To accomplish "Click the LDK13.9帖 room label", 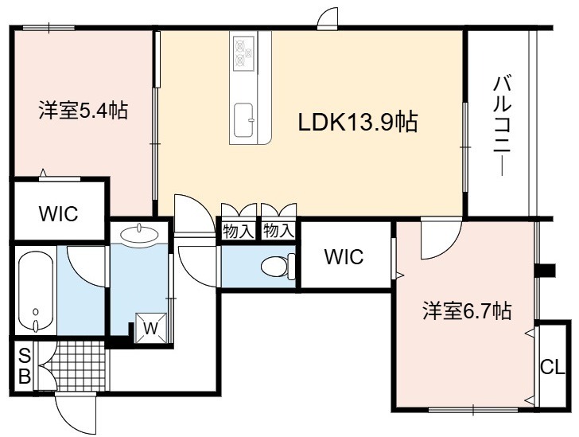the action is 357,122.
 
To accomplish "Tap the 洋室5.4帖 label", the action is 84,110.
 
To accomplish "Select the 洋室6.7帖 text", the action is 467,310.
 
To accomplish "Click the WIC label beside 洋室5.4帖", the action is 59,213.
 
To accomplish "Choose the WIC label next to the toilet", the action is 344,256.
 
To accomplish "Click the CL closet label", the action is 553,367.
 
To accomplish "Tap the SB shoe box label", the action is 25,367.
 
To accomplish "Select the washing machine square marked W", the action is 150,328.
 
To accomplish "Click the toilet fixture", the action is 278,266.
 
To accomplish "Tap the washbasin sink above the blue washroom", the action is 140,234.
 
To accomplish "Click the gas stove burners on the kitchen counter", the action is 243,52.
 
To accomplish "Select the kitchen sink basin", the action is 243,119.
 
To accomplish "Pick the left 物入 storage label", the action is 238,232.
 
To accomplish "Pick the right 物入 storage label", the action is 279,232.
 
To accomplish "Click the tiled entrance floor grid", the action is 78,365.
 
